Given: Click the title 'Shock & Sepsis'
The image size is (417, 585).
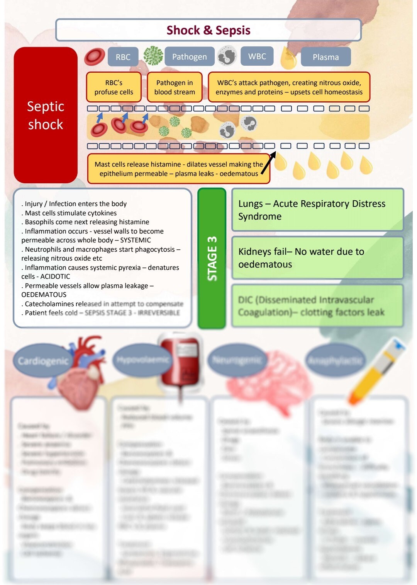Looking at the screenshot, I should pos(208,30).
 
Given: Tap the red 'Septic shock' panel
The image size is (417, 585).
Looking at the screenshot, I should pos(46,115).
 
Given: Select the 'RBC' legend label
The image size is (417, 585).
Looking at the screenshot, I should pos(123,57).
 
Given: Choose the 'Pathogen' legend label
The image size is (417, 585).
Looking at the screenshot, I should pos(189,57).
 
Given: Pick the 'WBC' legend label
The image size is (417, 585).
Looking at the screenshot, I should pos(257,56).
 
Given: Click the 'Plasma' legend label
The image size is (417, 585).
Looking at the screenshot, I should pos(325,57).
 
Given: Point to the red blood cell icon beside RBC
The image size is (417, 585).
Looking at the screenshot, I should pos(94,56).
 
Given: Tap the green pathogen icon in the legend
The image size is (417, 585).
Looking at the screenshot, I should pos(153,55).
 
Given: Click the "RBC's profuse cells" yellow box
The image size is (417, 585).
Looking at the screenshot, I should pos(114,87).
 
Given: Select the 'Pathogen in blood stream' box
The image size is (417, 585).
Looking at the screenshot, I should pos(175,87).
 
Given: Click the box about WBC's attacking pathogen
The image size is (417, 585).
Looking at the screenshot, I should pos(289,87).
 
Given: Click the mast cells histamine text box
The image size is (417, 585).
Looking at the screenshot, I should pos(178,169).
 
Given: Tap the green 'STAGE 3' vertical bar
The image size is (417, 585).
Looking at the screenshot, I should pos(212,258).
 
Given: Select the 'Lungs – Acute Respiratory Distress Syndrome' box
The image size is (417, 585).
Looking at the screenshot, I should pos(317,210).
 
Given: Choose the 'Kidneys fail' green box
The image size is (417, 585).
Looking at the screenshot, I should pos(317,258).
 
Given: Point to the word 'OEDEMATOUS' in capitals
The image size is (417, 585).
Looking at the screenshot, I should pos(44,295).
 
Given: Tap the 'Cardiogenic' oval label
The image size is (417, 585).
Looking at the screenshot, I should pos(43,361).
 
